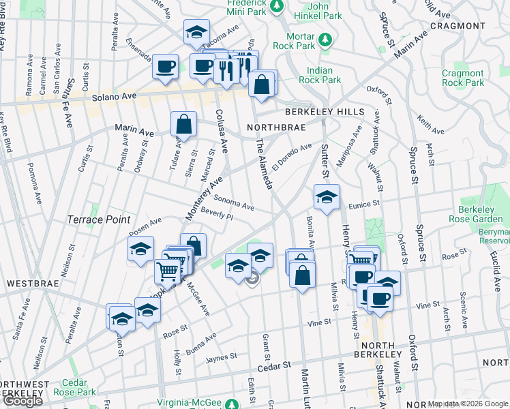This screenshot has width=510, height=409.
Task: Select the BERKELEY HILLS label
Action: (325, 111)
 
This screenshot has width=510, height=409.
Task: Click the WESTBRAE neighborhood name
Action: (27, 282)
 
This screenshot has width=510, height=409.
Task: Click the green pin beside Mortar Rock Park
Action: (327, 38)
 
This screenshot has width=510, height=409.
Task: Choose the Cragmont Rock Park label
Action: (463, 78)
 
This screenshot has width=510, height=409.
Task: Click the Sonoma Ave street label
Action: (234, 202)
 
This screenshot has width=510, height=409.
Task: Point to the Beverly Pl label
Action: (217, 215)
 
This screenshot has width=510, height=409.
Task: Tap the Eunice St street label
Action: (362, 204)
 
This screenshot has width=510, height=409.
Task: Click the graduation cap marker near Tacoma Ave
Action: (196, 31)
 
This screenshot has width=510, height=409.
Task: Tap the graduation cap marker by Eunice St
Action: (327, 198)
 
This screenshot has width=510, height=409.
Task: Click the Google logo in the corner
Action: (22, 401)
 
